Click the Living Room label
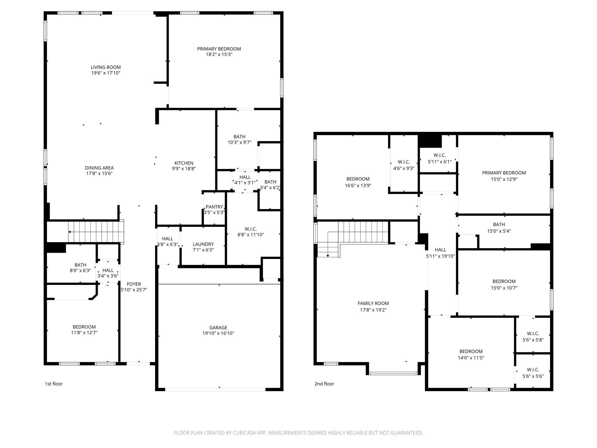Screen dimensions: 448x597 pos(106,67)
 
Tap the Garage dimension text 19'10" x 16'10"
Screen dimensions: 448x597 pos(218,333)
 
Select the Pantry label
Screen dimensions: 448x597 pos(214,207)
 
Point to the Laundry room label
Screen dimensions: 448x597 pos(203,244)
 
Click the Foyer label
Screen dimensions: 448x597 pos(134,284)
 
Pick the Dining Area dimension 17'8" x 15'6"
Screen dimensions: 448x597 pos(99,173)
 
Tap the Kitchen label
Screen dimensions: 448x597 pos(184,163)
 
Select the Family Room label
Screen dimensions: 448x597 pos(373,303)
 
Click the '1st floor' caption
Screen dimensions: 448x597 pos(54,384)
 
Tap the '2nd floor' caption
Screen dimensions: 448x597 pos(324,384)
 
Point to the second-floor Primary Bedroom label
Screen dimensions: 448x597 pos(504,173)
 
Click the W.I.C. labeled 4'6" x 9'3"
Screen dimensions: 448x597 pos(404,165)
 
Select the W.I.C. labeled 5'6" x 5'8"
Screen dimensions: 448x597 pos(533,337)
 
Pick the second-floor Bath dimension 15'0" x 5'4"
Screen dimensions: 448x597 pos(499,231)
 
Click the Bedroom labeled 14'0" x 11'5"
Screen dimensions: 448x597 pos(471,354)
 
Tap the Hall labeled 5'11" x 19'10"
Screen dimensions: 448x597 pos(440,253)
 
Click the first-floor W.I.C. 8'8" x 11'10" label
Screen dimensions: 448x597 pos(250,232)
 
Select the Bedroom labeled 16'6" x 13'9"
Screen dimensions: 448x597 pos(358,182)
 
